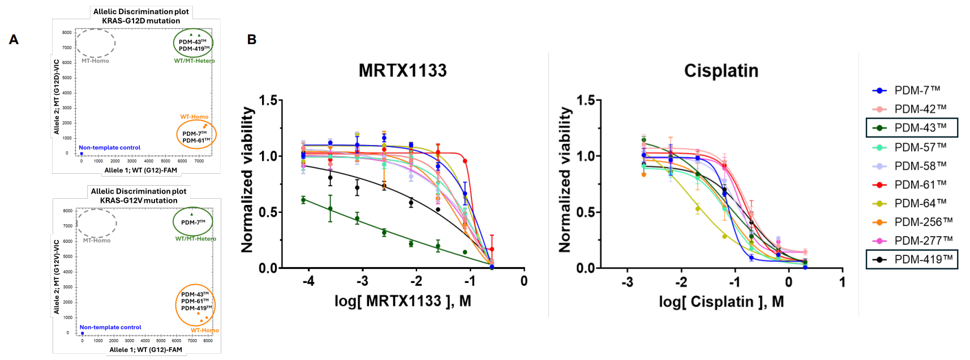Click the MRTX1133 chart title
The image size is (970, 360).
[x=402, y=71]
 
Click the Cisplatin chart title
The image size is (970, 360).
[x=721, y=71]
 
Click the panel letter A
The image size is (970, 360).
[x=14, y=40]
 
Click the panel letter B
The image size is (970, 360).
[x=252, y=40]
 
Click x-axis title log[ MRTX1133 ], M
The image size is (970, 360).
[x=402, y=301]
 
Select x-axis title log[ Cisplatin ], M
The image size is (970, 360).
[x=721, y=302]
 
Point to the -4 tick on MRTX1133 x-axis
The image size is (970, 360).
[x=308, y=281]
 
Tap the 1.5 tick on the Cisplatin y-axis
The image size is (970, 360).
[x=586, y=101]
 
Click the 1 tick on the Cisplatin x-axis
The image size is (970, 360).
[x=842, y=281]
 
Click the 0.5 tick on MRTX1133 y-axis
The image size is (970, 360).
[x=268, y=212]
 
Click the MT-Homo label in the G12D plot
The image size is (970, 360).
[x=95, y=61]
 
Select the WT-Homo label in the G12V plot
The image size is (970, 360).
[x=204, y=331]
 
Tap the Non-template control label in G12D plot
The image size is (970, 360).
[x=109, y=148]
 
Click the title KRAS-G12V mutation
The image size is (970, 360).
[x=139, y=200]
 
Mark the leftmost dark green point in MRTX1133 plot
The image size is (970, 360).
[x=303, y=200]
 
